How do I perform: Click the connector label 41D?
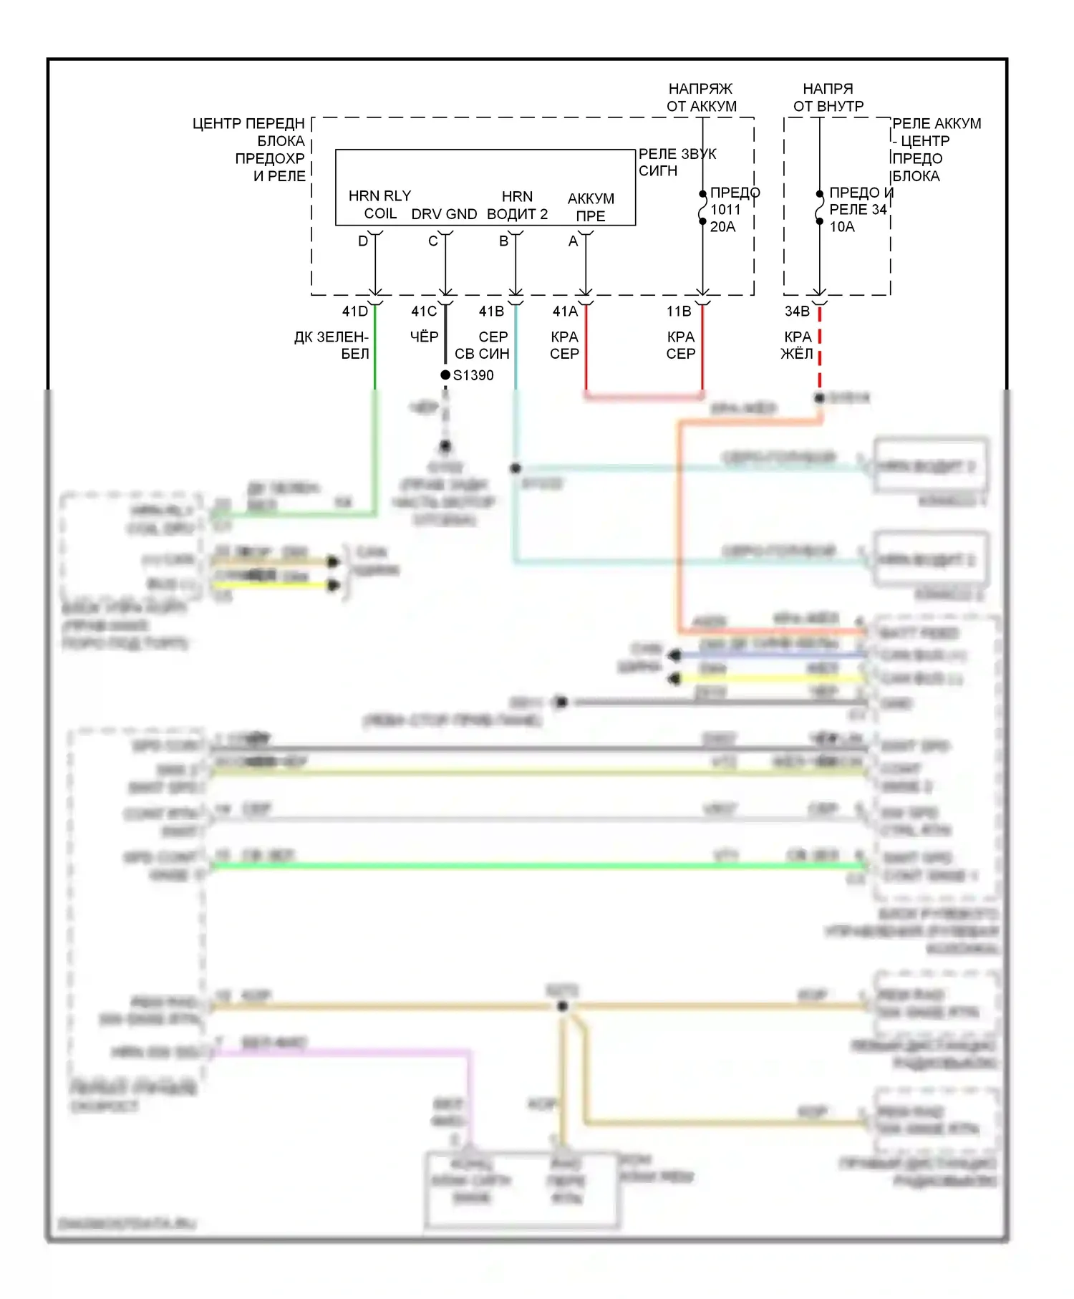[354, 312]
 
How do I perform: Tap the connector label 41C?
[424, 312]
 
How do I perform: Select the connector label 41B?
[491, 312]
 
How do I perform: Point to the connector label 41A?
[565, 312]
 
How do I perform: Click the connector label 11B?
[679, 312]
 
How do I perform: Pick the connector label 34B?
[797, 312]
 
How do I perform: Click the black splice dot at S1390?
[445, 375]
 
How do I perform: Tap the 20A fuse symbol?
[703, 208]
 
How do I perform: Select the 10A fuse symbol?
[820, 208]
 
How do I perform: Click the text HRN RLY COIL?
[379, 205]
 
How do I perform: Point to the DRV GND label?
[444, 214]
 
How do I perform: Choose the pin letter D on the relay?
[363, 241]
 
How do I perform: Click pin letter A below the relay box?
[573, 241]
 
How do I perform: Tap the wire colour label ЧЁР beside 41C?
[424, 337]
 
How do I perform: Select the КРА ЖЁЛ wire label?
[797, 345]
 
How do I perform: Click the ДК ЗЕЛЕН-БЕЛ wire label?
[332, 345]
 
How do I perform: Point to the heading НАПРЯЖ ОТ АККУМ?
[701, 97]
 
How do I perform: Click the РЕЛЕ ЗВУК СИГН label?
[676, 163]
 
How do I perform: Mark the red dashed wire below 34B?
[820, 351]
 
